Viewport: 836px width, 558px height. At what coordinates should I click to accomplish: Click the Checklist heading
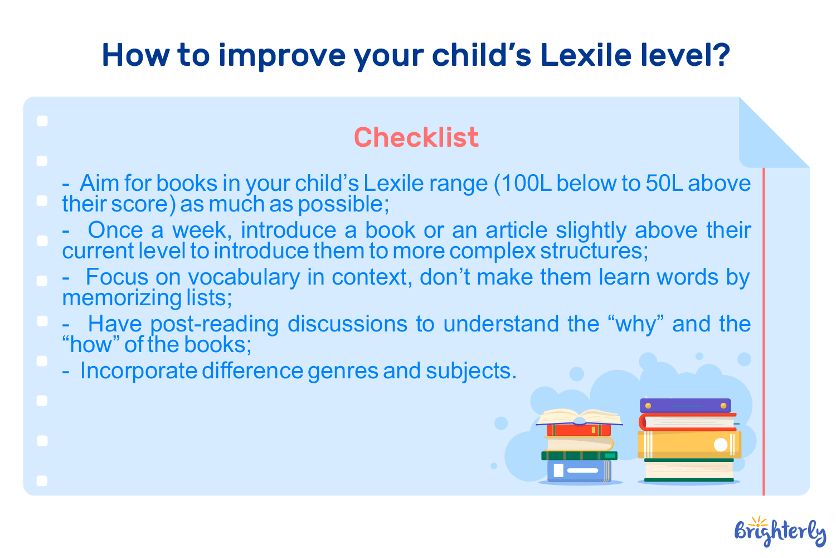[416, 137]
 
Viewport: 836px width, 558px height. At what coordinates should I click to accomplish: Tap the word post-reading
[215, 324]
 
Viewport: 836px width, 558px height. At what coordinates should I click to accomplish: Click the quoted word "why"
[635, 324]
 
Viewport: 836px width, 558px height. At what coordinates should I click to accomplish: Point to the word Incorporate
[138, 371]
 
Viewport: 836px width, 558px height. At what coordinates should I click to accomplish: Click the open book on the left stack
[579, 417]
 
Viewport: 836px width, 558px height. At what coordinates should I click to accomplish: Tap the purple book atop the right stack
[685, 406]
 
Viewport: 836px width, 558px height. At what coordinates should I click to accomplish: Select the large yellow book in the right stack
[689, 444]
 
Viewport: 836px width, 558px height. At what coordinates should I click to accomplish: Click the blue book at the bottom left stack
[579, 470]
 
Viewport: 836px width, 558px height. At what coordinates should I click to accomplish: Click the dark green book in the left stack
[579, 455]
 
